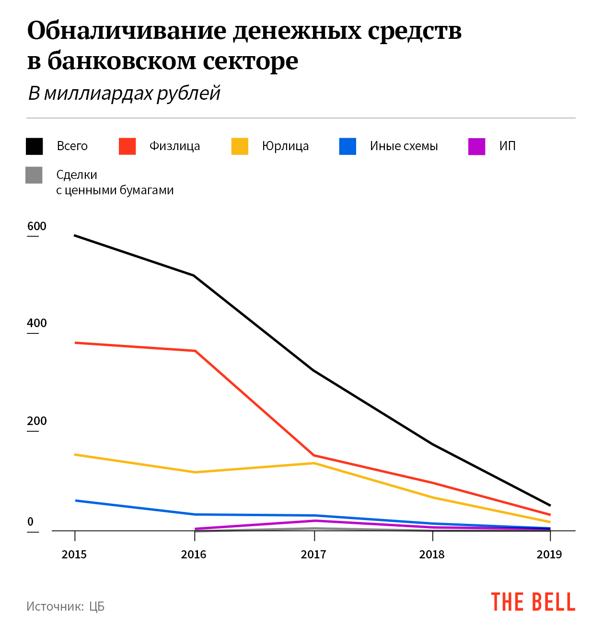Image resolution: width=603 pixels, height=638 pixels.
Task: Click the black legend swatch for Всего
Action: coord(35,146)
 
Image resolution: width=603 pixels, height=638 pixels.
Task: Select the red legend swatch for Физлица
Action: coord(127,146)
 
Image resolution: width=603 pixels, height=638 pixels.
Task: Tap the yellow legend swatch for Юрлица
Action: coord(240,146)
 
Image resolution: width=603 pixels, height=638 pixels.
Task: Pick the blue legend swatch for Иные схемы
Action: coord(348,146)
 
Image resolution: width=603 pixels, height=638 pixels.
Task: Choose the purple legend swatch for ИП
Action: coord(476,146)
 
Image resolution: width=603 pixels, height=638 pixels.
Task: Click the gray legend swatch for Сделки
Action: coord(34,175)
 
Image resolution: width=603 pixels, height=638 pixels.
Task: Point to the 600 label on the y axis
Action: coord(37,226)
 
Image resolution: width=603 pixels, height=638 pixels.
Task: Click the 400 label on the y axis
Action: coord(37,323)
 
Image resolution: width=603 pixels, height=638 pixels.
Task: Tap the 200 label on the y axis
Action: coord(37,421)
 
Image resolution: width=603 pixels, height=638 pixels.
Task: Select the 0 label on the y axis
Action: coord(31,522)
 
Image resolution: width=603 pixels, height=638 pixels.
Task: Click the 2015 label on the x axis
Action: coord(74,555)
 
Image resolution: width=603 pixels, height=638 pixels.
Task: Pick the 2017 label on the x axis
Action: coord(313,555)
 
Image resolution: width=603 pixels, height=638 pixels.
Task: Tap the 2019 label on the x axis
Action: coord(549,555)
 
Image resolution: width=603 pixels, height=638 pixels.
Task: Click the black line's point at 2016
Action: coord(194,276)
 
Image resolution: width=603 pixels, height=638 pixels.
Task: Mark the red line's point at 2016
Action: coord(195,351)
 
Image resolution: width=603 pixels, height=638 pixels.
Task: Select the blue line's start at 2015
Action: coord(76,500)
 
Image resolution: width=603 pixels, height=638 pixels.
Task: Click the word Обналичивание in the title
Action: coord(127,31)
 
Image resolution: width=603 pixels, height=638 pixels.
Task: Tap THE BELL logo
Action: coord(533,603)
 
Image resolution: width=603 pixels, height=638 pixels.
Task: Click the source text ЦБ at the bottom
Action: coord(97,607)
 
